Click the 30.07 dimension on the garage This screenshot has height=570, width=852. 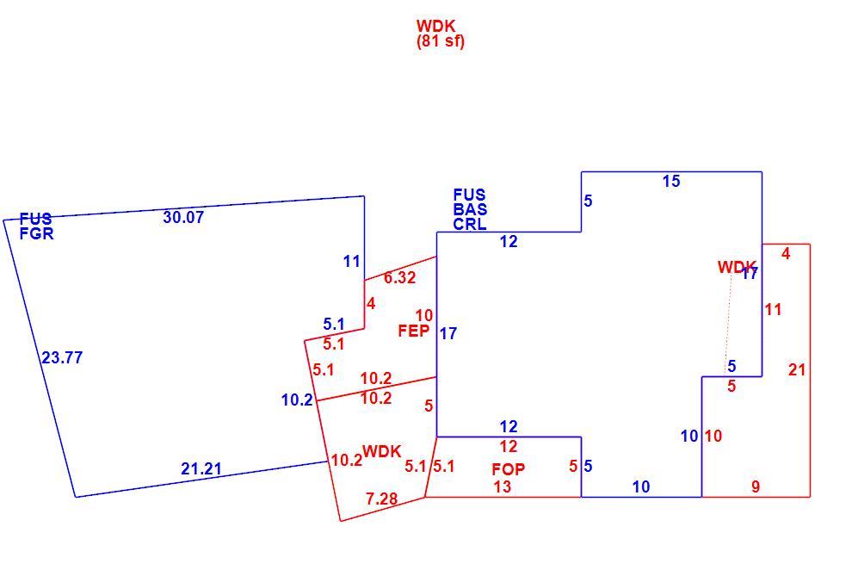pos(183,217)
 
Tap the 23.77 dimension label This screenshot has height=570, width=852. pos(63,357)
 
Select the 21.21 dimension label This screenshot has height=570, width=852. pos(201,468)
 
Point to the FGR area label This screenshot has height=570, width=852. pos(37,233)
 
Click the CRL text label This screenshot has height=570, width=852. pos(470,224)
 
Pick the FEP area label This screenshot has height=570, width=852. pos(414,331)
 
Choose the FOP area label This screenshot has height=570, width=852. pos(509,469)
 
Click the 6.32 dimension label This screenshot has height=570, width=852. pos(400,277)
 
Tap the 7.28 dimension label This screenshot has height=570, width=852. pos(381,499)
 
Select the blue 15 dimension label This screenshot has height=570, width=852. pos(671,182)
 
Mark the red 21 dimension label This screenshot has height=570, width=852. pos(797,370)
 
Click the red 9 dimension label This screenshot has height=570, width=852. pos(756,486)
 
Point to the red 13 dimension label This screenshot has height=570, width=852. pos(503,486)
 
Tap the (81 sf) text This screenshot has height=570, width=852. pos(441,41)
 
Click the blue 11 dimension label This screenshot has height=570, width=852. pos(352,262)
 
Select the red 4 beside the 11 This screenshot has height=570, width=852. pos(786,253)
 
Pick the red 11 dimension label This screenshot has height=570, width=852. pos(773,310)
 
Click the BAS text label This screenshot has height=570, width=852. pos(470,209)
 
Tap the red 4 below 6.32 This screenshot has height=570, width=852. pos(371,303)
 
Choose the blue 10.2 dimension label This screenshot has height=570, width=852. pos(297,400)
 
